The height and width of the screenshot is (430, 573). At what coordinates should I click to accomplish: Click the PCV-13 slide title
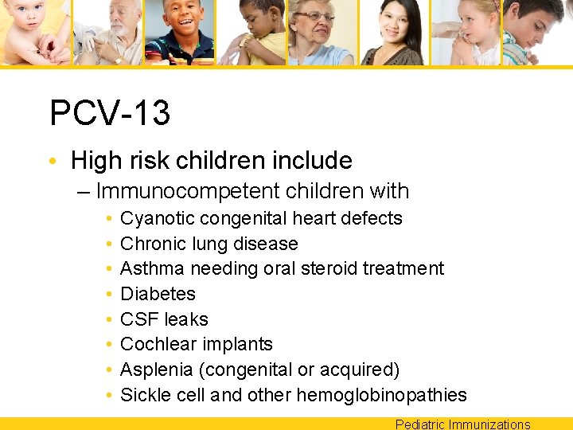(x=110, y=113)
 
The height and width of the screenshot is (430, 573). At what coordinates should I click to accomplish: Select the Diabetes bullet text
(x=158, y=294)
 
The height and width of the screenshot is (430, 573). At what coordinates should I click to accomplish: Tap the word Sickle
(x=144, y=395)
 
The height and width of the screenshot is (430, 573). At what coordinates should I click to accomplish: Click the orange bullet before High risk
(x=53, y=161)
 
